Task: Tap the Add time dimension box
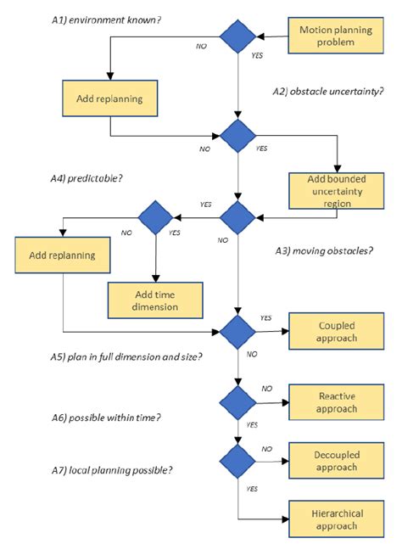pos(155,297)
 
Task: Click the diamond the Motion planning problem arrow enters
pos(237,36)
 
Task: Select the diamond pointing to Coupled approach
pos(237,329)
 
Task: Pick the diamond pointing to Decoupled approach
pos(237,459)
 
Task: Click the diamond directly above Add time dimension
pos(156,217)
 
